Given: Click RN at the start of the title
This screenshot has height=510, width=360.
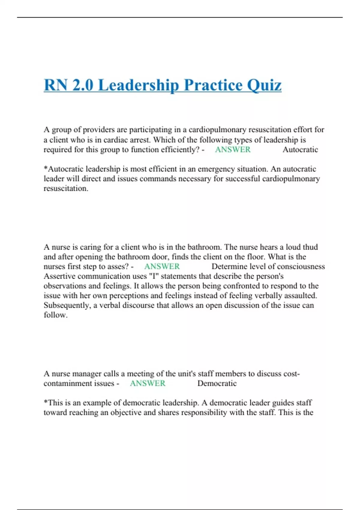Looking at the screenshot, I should pos(55,85).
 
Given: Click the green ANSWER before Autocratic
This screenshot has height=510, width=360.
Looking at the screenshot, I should pos(232,149).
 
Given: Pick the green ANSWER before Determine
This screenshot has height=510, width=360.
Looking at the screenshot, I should pos(162,266).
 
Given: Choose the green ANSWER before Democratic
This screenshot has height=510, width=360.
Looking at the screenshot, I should pos(147,383).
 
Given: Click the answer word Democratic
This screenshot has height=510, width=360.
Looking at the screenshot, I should pos(217,383).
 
